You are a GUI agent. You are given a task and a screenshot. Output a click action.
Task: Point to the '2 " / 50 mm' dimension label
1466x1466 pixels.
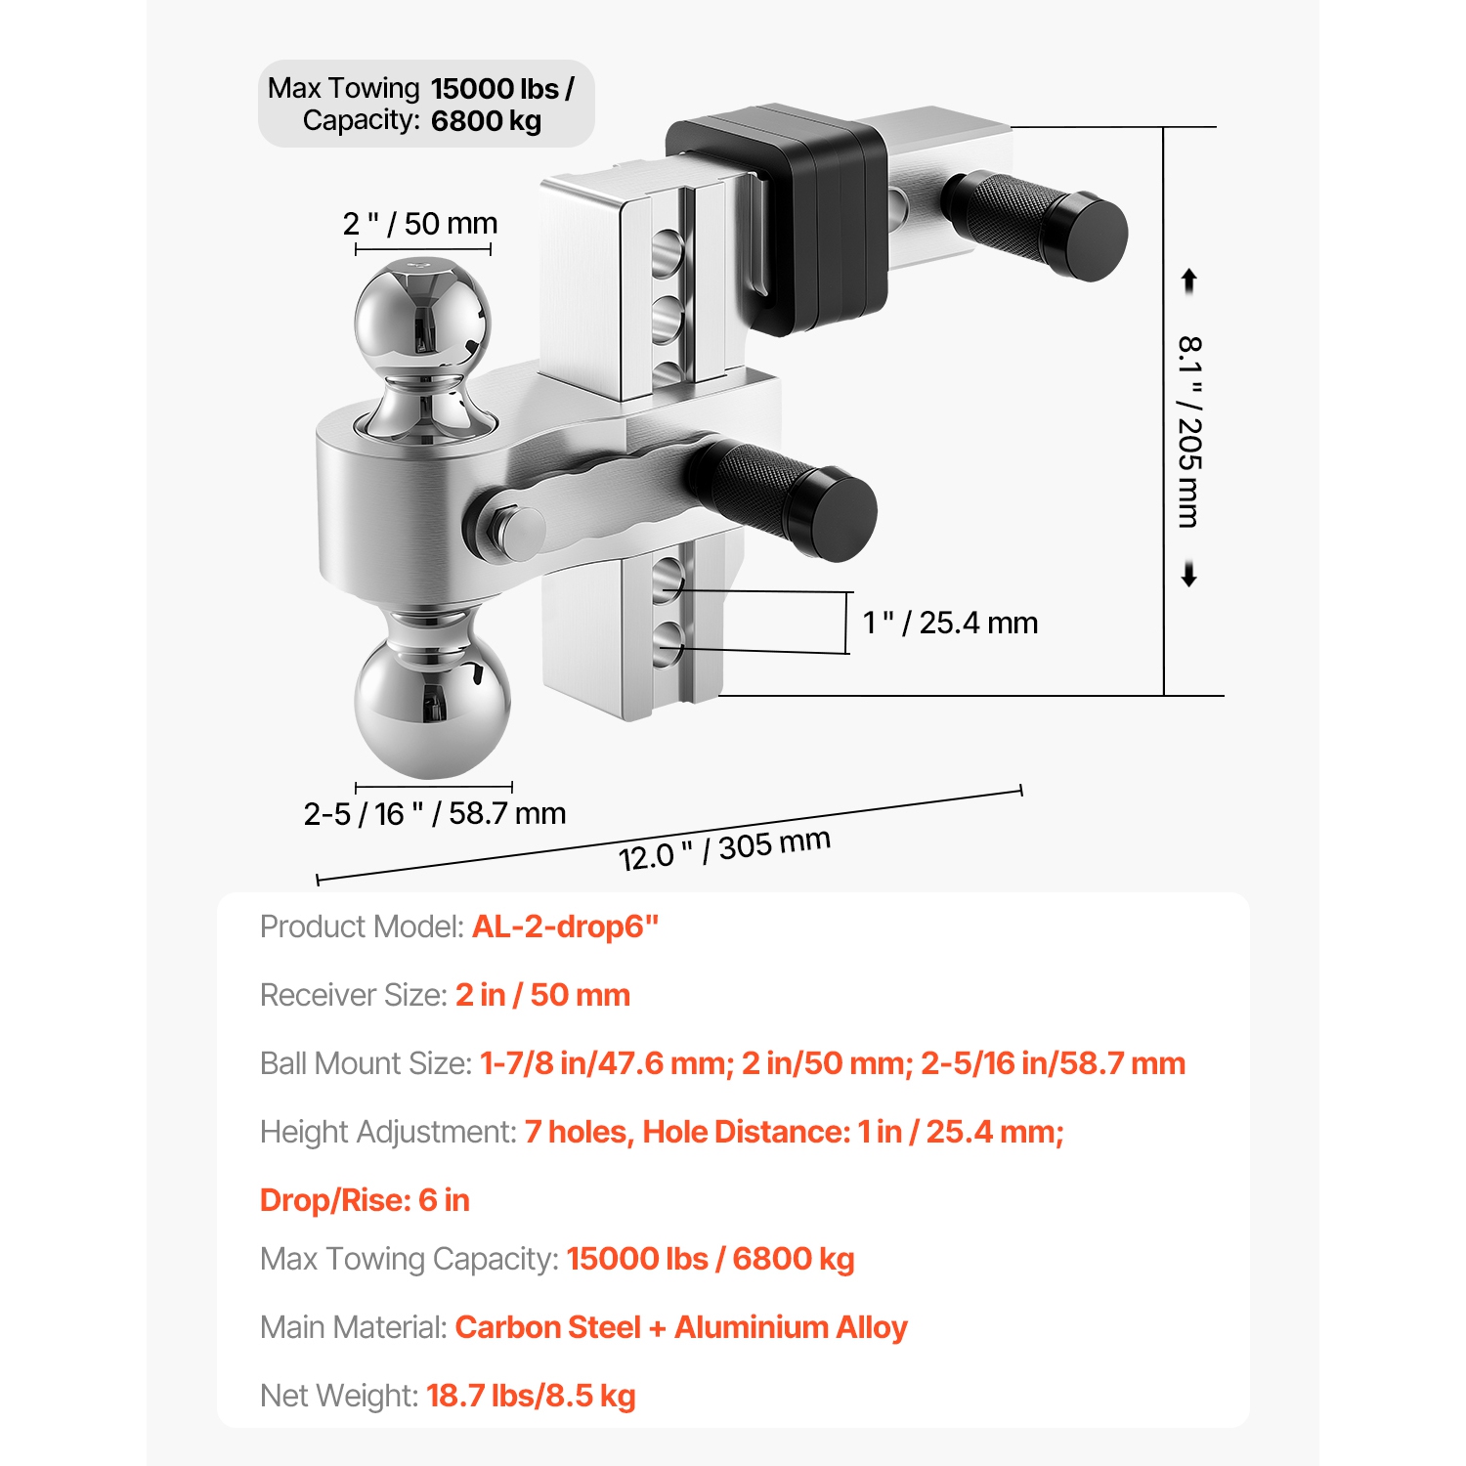point(420,224)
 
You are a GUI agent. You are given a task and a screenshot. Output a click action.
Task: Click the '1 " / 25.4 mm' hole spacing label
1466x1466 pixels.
point(950,623)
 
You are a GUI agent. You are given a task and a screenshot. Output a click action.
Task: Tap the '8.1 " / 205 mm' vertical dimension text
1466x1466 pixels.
point(1189,431)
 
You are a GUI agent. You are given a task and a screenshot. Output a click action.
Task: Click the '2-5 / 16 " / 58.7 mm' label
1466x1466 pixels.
point(434,813)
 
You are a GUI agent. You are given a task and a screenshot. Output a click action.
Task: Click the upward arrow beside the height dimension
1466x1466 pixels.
point(1189,281)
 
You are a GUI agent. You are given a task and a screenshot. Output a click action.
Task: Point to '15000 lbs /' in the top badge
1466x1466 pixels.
point(502,89)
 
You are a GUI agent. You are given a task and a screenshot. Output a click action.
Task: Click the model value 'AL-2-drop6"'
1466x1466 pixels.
point(565,927)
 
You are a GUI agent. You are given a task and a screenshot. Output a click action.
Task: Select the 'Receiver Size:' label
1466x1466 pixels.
point(354,995)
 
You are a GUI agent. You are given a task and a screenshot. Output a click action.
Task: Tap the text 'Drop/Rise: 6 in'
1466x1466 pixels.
point(365,1200)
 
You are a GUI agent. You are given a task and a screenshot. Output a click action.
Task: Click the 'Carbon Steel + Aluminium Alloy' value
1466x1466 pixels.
point(681,1327)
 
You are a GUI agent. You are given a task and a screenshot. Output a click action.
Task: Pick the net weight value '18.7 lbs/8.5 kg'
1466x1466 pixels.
point(531,1396)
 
